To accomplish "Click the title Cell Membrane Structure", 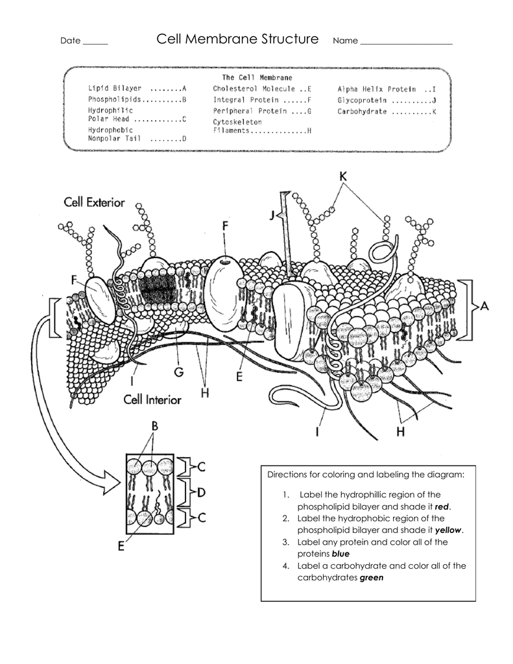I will click(x=237, y=40).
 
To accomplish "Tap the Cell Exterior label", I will click(x=94, y=203).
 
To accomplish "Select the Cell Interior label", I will click(x=152, y=399).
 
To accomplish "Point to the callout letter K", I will click(x=343, y=176).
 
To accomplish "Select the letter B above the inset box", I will click(x=155, y=426).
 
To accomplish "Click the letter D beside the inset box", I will click(x=200, y=492).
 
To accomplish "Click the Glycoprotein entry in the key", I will click(x=387, y=100).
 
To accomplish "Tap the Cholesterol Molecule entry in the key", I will click(x=262, y=88).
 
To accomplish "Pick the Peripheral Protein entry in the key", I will click(x=262, y=112).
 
